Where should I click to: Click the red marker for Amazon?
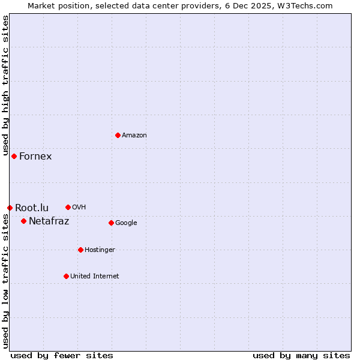(x=118, y=135)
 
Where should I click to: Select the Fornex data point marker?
(x=14, y=156)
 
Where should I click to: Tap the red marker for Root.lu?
(x=10, y=208)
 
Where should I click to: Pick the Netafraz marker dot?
(x=23, y=221)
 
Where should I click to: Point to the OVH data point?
(x=68, y=207)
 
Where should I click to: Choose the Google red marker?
(x=111, y=223)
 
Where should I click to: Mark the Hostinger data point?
(x=80, y=250)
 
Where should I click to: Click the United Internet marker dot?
(x=66, y=276)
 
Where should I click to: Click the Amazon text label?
(x=134, y=136)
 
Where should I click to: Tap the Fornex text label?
(x=35, y=157)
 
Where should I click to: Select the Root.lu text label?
(x=32, y=208)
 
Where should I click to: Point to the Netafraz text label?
(x=49, y=221)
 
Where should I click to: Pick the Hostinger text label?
(x=100, y=250)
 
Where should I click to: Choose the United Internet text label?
(x=94, y=277)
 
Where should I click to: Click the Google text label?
(x=126, y=223)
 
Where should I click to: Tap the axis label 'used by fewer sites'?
(x=62, y=356)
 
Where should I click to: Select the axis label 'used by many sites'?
(x=301, y=356)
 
